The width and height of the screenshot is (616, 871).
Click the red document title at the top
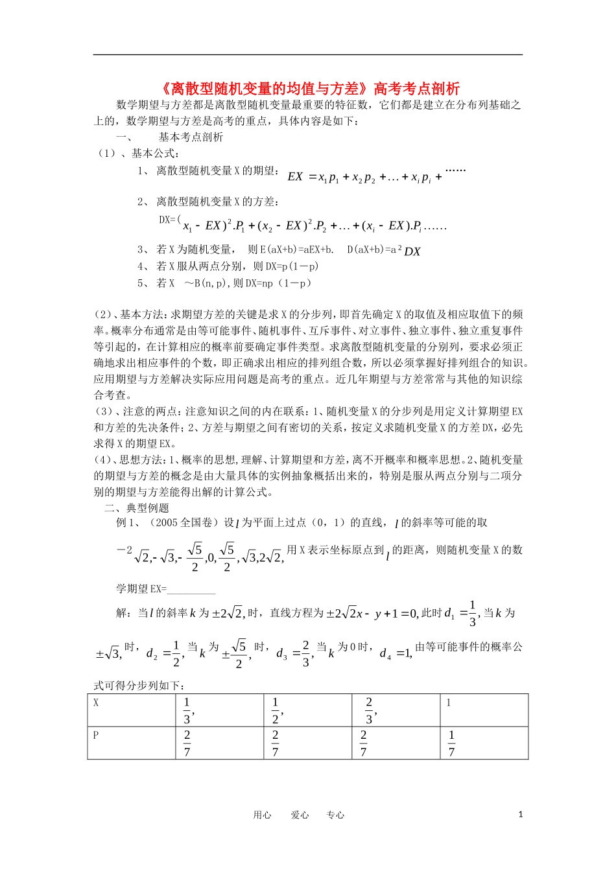click(x=309, y=89)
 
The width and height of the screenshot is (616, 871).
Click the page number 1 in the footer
click(x=520, y=815)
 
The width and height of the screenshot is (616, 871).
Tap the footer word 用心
click(x=262, y=815)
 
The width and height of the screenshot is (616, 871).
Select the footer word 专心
click(x=335, y=815)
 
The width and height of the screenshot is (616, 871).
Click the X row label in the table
click(x=97, y=703)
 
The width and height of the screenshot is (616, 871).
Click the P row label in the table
click(x=96, y=735)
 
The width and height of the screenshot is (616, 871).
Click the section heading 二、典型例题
click(x=137, y=508)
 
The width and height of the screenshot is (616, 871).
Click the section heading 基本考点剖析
click(x=191, y=137)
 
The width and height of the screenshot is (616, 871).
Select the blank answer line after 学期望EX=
click(x=191, y=589)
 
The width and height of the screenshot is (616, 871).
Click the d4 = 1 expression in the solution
click(x=396, y=653)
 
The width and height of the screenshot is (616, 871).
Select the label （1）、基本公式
click(x=137, y=153)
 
